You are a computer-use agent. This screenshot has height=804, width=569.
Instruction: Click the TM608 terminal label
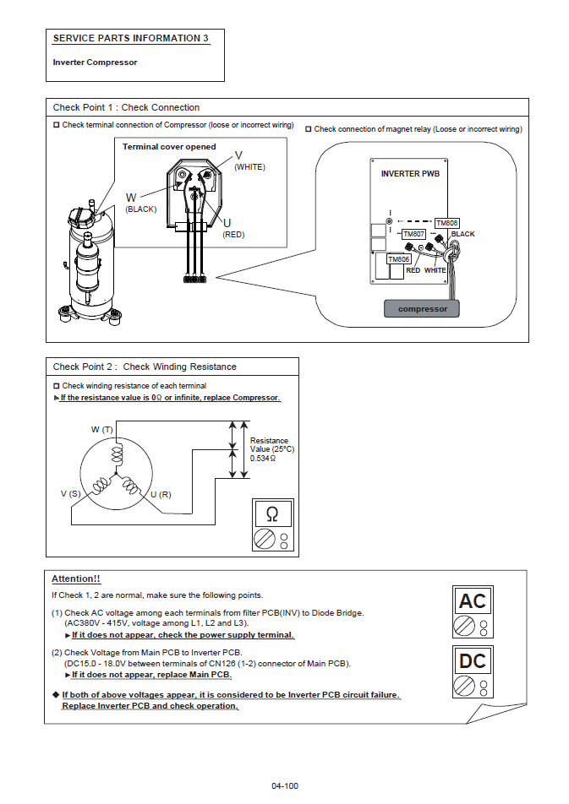pos(446,223)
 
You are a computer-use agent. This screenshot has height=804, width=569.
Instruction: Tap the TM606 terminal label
pos(399,259)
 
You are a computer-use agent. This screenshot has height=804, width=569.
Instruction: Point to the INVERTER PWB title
pos(410,173)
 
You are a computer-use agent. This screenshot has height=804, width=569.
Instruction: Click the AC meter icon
pos(473,612)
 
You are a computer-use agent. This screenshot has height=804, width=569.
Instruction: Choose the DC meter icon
pos(473,672)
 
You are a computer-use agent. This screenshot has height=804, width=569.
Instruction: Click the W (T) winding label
pos(102,430)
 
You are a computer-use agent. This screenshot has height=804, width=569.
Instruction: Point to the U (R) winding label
pos(161,493)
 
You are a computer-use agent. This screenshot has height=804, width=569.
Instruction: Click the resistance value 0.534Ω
pos(263,458)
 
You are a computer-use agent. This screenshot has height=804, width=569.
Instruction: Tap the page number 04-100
pos(285,786)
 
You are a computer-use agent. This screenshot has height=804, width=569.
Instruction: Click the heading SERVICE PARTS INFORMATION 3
pos(130,38)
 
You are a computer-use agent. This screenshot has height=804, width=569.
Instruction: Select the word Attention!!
pos(76,579)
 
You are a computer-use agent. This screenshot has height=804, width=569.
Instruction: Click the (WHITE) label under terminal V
pos(249,167)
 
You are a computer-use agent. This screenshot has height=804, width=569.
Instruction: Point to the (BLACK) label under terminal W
pos(140,209)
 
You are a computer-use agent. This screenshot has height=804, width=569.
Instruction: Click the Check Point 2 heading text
pos(145,367)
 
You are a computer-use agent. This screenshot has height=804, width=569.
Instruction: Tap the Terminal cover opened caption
pos(169,147)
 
